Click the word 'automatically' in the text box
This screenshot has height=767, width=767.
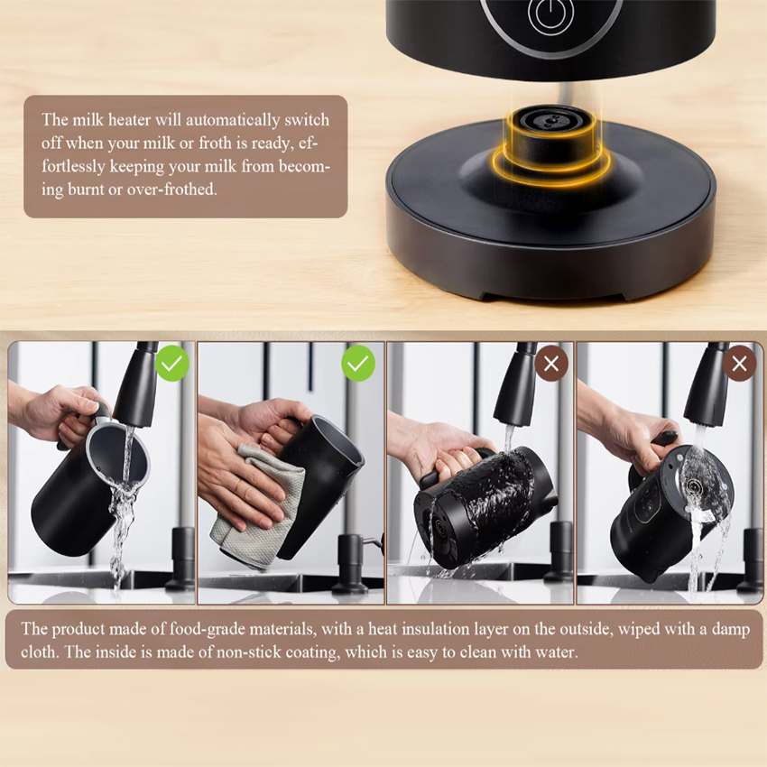(233, 120)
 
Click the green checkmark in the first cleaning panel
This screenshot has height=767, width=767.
(172, 364)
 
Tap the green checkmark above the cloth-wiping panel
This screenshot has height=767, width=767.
(358, 364)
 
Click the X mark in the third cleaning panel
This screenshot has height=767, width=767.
(551, 364)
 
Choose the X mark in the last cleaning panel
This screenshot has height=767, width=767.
(739, 364)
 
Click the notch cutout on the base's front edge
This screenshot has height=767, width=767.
(554, 296)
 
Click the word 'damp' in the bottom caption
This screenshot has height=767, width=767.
(730, 630)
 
